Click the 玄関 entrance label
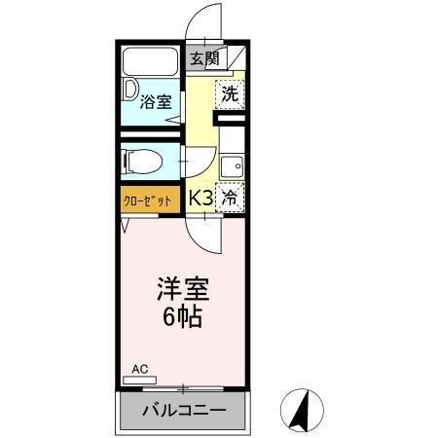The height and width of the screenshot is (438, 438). pyautogui.click(x=204, y=58)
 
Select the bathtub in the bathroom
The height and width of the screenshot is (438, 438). pyautogui.click(x=151, y=61)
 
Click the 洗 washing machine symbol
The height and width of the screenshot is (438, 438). pyautogui.click(x=230, y=94)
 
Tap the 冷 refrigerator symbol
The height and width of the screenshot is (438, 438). pyautogui.click(x=231, y=197)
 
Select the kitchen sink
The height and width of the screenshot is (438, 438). pyautogui.click(x=232, y=167)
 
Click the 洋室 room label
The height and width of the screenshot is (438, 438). pyautogui.click(x=182, y=290)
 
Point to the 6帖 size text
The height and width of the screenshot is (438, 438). pyautogui.click(x=182, y=317)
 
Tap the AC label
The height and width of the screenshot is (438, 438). pyautogui.click(x=139, y=369)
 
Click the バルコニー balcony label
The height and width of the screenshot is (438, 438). pyautogui.click(x=184, y=411)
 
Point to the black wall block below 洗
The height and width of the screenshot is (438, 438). pyautogui.click(x=232, y=120)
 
